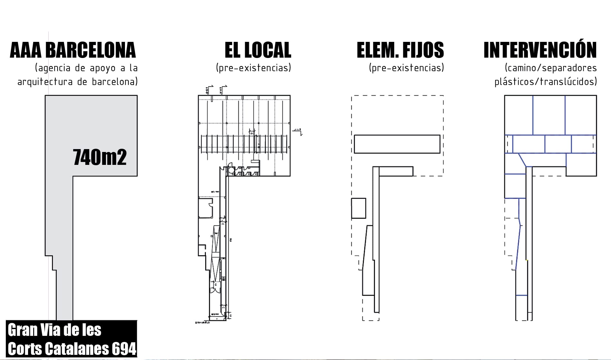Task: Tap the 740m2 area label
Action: tap(100, 157)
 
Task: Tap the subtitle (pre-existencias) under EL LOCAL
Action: tap(253, 68)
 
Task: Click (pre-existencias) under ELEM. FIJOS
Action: tap(406, 68)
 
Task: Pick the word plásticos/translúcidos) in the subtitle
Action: tap(546, 81)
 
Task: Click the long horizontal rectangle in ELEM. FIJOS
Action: tap(397, 144)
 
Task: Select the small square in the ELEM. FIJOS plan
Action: tap(358, 208)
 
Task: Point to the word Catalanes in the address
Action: tap(77, 349)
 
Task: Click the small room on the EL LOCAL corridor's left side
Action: tap(205, 208)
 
